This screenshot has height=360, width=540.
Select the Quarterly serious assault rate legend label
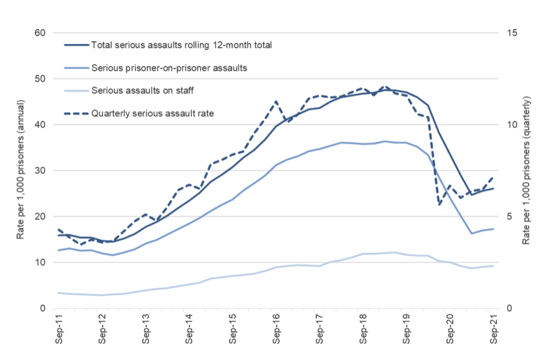152,114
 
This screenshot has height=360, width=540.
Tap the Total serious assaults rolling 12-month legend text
181,45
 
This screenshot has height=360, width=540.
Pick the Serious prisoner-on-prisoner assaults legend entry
169,68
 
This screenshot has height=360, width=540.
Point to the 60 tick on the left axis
40,33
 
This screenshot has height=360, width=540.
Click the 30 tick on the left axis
40,170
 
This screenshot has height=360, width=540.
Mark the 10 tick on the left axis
40,263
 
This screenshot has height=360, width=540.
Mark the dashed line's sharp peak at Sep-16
276,102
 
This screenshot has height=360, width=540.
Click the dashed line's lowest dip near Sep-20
439,205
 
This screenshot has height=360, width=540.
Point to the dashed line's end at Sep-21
493,176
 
